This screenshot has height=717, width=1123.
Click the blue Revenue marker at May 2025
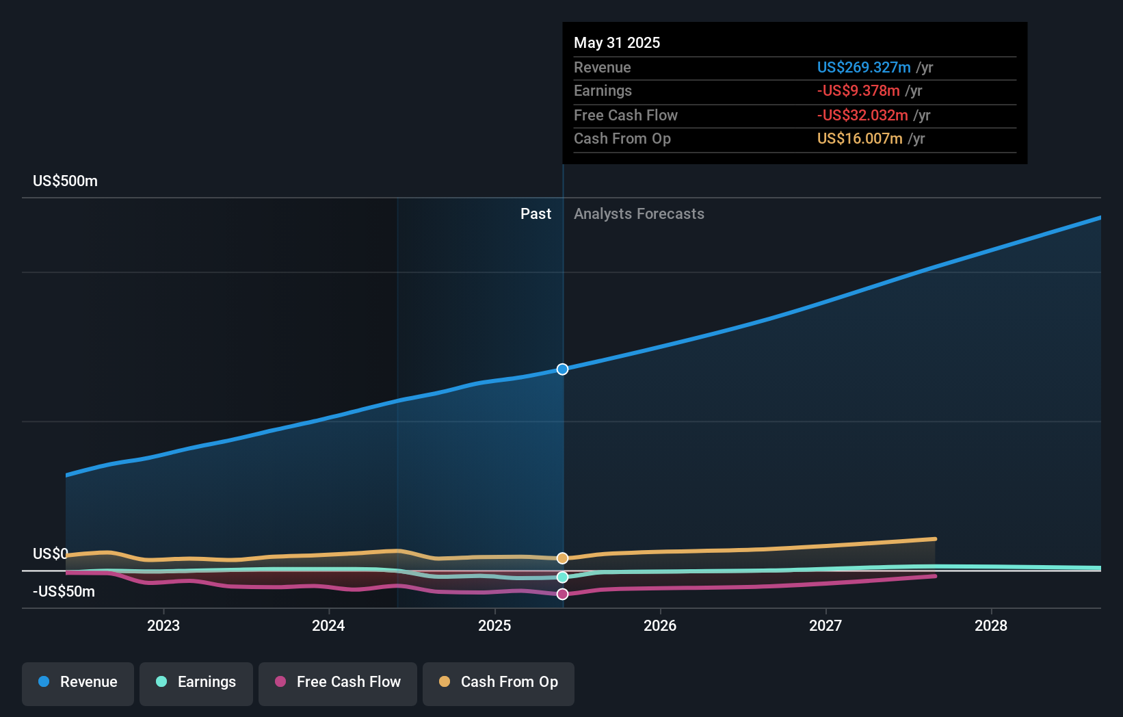click(562, 369)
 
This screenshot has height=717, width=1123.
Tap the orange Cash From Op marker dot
click(562, 558)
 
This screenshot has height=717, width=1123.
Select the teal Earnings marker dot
click(562, 577)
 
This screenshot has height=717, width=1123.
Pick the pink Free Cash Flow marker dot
click(562, 594)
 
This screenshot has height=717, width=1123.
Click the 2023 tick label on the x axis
click(163, 625)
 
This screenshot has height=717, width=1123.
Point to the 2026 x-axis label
click(659, 625)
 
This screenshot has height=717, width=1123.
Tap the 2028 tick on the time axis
click(990, 625)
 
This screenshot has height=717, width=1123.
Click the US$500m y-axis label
click(65, 181)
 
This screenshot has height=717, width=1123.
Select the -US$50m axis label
click(64, 592)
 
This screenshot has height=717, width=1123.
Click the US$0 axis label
click(50, 553)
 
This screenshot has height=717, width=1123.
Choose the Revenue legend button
click(78, 682)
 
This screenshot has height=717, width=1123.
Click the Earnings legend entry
click(196, 682)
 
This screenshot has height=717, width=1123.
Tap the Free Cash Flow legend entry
click(338, 682)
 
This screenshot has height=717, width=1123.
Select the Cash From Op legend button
click(499, 682)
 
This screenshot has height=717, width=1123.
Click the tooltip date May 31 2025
click(617, 43)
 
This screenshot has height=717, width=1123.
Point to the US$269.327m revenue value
click(863, 68)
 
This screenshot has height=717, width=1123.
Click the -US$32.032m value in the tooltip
click(862, 116)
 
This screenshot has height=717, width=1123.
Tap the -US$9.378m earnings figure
click(858, 91)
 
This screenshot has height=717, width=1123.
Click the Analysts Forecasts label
click(639, 214)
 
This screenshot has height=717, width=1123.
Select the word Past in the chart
click(536, 214)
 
